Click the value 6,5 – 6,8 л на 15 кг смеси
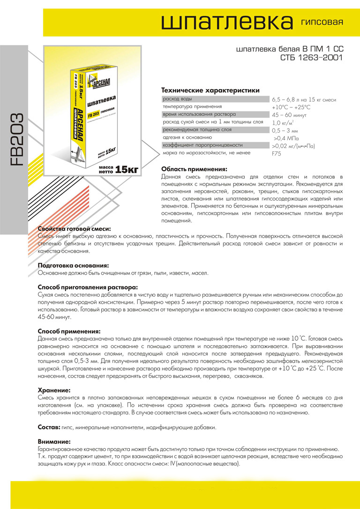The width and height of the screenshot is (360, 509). (x=303, y=100)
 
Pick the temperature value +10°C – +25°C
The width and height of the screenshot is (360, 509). (x=291, y=107)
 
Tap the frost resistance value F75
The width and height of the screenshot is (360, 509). (x=276, y=154)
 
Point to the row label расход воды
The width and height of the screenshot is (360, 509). (x=177, y=99)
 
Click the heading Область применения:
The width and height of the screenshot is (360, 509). (x=194, y=169)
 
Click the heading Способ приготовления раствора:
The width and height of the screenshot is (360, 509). (x=88, y=287)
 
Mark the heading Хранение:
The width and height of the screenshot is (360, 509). (x=54, y=389)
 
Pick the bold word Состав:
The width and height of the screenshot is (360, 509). (x=48, y=427)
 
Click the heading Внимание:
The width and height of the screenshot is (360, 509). (x=54, y=442)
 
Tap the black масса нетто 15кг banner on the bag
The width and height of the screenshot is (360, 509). (x=114, y=169)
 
